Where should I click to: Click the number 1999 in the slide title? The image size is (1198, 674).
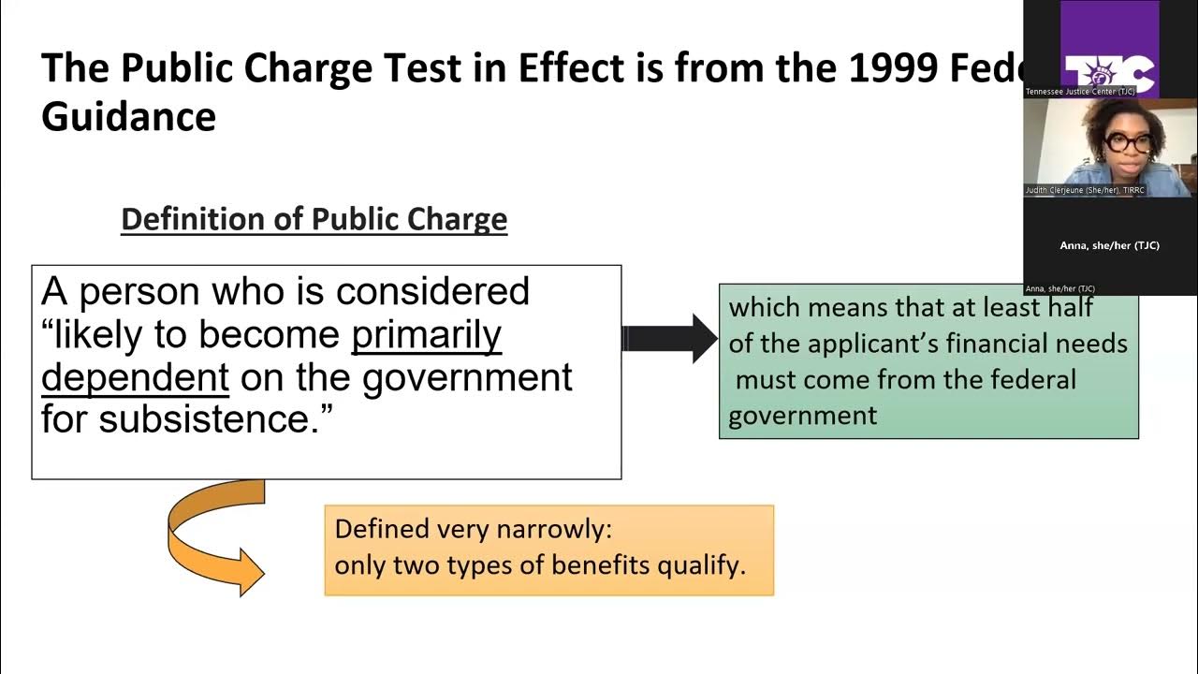(898, 67)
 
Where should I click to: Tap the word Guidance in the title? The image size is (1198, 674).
(128, 117)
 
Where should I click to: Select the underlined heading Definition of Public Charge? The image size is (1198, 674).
(314, 219)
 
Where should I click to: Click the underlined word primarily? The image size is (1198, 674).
(427, 335)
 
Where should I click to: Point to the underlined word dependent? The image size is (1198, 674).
(136, 377)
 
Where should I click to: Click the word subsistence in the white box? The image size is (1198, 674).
(204, 419)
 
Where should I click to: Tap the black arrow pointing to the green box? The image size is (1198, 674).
(670, 338)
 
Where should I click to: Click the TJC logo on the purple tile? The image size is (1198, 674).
(1109, 72)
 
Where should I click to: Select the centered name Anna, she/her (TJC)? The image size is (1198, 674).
(1109, 245)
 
